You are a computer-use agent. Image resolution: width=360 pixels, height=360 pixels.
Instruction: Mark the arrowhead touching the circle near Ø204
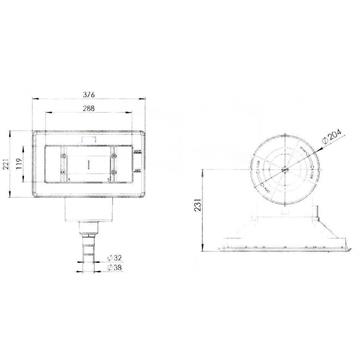click(319, 146)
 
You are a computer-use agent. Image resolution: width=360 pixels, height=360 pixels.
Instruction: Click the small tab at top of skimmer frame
click(91, 124)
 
